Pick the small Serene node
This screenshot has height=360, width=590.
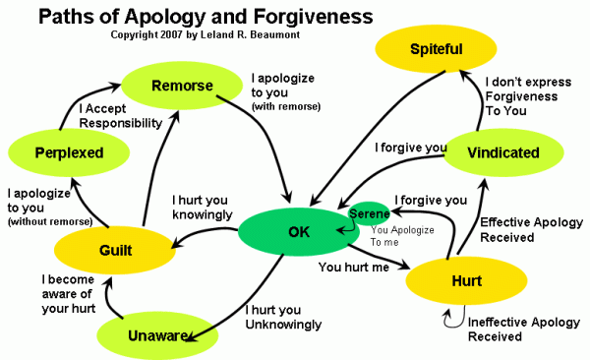point(370,213)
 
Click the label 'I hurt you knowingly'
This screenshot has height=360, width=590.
point(202,207)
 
